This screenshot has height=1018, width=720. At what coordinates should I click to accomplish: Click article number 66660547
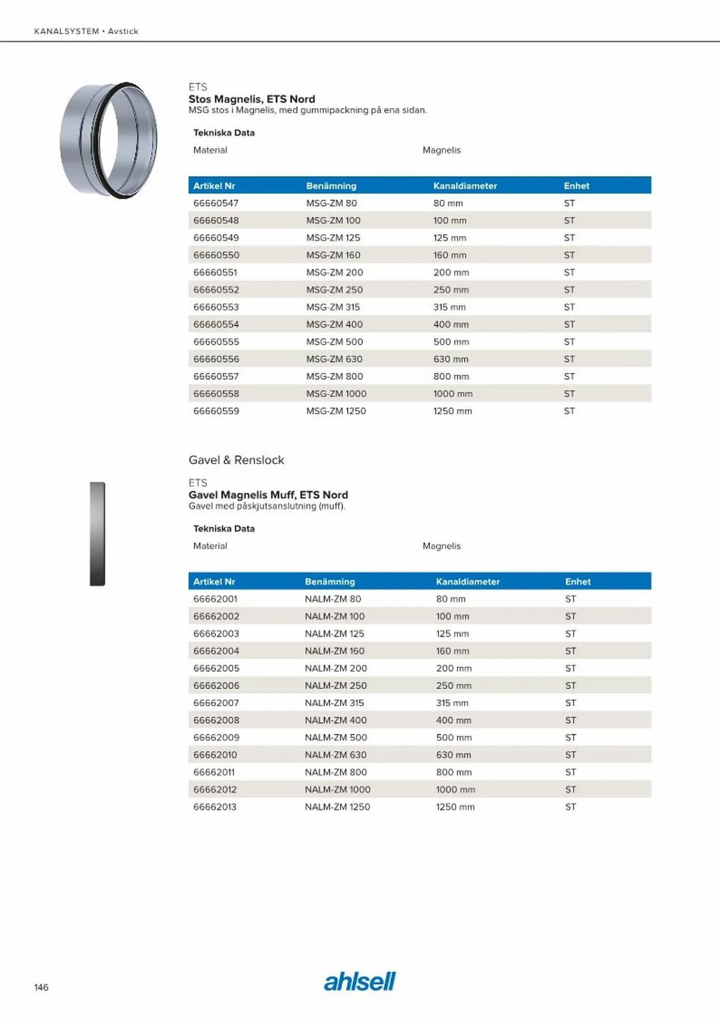216,203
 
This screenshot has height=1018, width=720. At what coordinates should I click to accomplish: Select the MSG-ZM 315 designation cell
333,307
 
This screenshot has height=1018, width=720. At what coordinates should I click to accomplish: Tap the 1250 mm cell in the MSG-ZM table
452,411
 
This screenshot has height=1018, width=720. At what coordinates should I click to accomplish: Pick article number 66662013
215,807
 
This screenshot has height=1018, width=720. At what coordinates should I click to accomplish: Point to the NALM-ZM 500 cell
336,738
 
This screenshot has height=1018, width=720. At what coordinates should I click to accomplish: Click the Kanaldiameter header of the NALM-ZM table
467,581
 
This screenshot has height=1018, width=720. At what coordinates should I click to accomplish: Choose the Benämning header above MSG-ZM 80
331,186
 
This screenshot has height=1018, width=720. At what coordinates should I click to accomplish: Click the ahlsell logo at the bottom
359,981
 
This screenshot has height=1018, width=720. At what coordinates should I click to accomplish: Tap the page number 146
41,987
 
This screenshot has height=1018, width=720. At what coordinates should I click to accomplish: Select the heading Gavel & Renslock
236,460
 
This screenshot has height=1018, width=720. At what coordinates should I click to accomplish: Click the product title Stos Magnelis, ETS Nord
252,99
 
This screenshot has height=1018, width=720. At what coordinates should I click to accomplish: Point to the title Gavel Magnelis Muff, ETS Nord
268,495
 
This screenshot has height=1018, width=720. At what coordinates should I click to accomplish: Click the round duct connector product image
108,140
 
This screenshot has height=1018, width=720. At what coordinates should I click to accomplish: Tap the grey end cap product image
97,534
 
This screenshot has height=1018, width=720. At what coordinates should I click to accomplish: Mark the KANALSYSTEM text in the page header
66,31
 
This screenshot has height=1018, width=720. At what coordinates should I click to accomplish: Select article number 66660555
216,342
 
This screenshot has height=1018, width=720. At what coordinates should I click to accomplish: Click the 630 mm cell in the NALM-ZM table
453,755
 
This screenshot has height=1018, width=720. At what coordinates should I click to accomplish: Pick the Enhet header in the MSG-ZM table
576,186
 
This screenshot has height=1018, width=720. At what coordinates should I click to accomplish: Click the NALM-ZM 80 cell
333,599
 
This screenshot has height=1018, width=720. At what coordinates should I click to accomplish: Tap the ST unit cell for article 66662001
570,599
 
